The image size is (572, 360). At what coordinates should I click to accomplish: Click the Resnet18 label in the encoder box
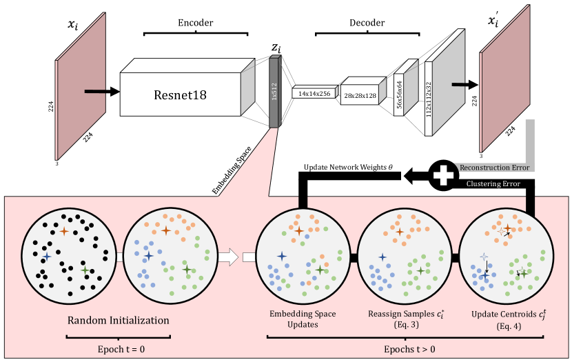(x=180, y=94)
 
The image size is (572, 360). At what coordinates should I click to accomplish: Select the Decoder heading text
(x=367, y=23)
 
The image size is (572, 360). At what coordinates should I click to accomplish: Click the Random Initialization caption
(x=118, y=321)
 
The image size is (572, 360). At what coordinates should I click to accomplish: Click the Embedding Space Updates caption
(x=302, y=319)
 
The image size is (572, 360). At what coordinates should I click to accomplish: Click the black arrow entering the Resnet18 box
(x=100, y=90)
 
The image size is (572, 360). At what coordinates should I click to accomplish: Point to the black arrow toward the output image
(x=464, y=85)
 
